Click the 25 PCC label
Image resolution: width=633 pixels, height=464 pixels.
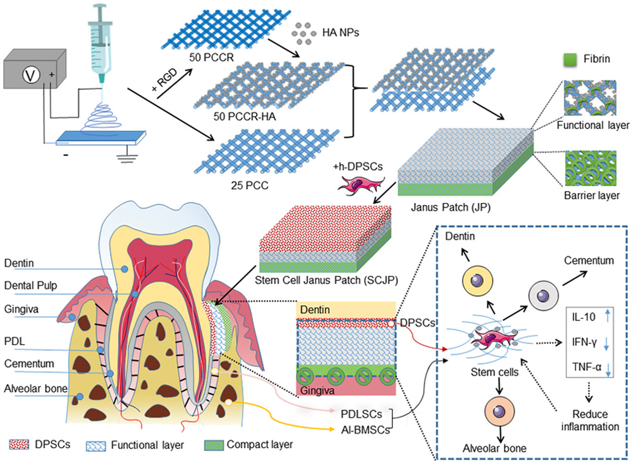point(246,184)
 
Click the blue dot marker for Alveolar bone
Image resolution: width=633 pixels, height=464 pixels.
point(80,396)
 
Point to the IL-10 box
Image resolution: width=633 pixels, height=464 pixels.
point(591,316)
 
